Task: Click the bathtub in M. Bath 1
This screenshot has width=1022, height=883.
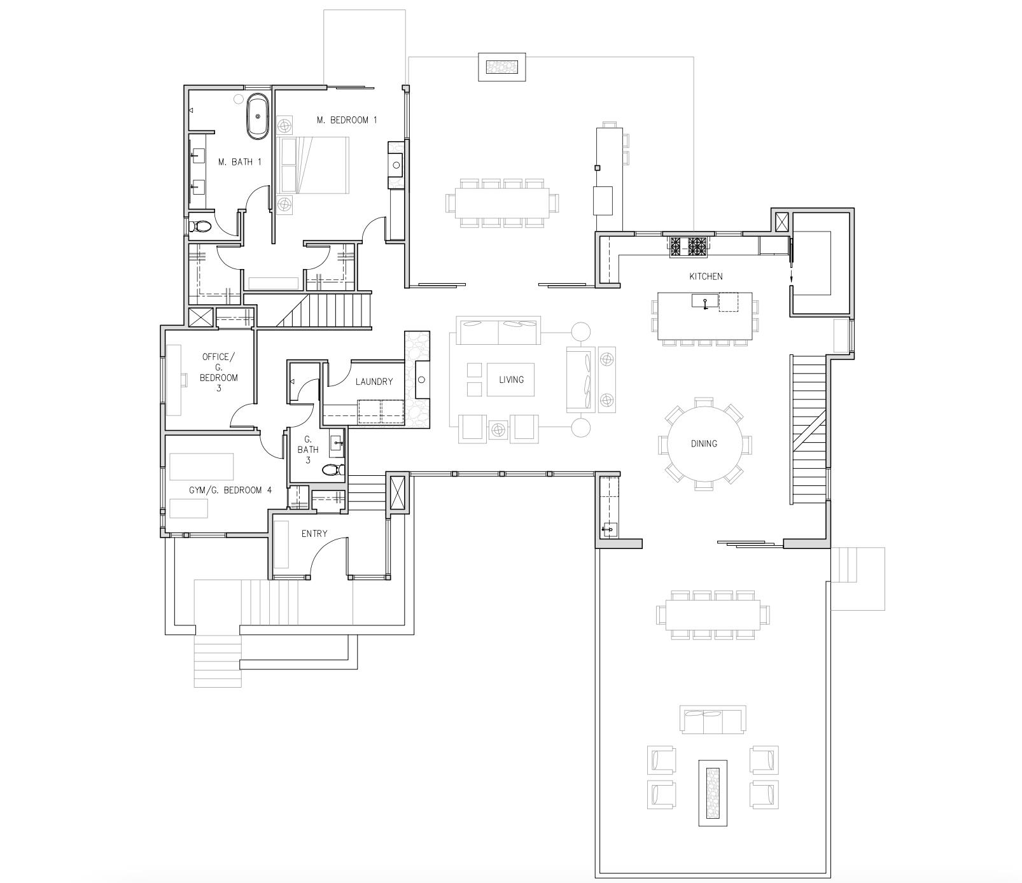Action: pyautogui.click(x=258, y=116)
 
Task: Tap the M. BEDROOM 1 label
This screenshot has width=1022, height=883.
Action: pyautogui.click(x=347, y=120)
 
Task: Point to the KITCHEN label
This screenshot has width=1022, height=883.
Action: pyautogui.click(x=706, y=276)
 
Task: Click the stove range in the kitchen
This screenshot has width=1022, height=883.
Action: pyautogui.click(x=688, y=246)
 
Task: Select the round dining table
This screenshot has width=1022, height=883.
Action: pyautogui.click(x=704, y=443)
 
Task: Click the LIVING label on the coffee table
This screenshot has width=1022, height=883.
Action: pyautogui.click(x=511, y=380)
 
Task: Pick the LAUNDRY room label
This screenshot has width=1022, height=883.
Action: pyautogui.click(x=374, y=382)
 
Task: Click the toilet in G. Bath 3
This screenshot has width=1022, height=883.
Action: pyautogui.click(x=332, y=471)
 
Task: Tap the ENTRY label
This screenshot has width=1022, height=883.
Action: pyautogui.click(x=314, y=534)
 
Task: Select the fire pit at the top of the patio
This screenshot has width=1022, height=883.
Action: pyautogui.click(x=502, y=66)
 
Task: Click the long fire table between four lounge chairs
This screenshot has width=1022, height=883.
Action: pyautogui.click(x=712, y=792)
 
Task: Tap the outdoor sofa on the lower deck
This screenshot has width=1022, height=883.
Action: pyautogui.click(x=712, y=718)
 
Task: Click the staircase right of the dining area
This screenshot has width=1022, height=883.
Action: pyautogui.click(x=809, y=430)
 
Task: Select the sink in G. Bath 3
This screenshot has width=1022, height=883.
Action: pyautogui.click(x=337, y=443)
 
